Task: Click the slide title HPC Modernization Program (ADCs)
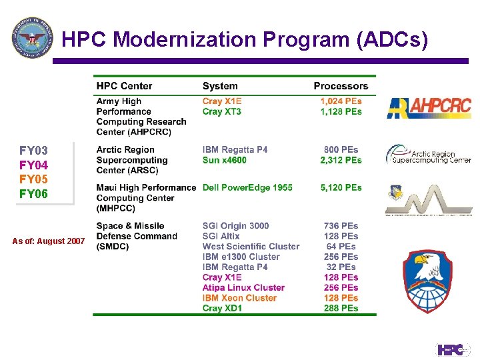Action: [245, 40]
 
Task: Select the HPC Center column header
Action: [124, 86]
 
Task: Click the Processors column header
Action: [341, 86]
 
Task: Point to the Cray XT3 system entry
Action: [222, 112]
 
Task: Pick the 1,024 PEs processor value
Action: [341, 101]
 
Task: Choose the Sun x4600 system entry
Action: [225, 160]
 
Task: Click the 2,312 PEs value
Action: [341, 160]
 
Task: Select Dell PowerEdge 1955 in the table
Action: [247, 188]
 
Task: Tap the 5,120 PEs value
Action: [341, 188]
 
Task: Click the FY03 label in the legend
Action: [33, 151]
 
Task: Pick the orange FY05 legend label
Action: [33, 179]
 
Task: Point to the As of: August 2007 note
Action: [48, 241]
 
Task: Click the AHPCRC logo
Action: [429, 107]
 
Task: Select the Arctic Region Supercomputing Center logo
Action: [429, 155]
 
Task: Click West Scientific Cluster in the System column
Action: [251, 247]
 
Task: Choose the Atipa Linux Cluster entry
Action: [243, 288]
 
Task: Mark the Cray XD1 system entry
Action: [223, 309]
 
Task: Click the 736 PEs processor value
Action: [341, 226]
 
